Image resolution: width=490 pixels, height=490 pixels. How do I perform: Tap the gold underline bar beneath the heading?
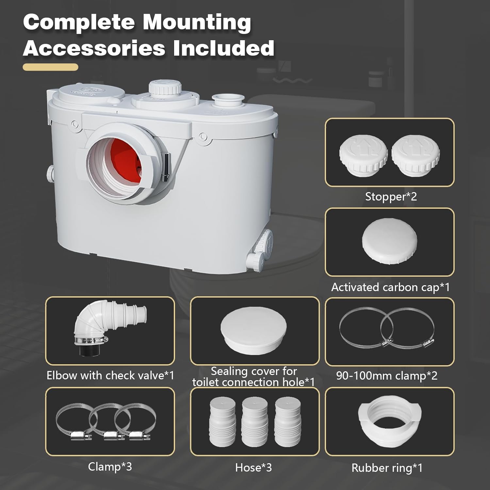[x=51, y=67]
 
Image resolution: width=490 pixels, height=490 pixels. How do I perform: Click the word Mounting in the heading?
[x=197, y=23]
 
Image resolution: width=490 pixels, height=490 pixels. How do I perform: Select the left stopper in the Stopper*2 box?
[x=363, y=155]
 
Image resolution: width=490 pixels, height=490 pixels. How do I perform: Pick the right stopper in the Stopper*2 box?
[x=416, y=155]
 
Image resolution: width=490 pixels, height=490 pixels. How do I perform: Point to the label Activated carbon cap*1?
[x=390, y=287]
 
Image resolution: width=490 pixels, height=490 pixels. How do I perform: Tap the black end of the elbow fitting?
[x=89, y=350]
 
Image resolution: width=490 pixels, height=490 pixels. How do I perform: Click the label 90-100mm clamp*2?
[x=387, y=376]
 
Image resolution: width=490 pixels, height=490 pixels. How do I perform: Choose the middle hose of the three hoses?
[x=254, y=421]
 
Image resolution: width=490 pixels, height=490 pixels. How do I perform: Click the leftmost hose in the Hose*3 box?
[x=222, y=421]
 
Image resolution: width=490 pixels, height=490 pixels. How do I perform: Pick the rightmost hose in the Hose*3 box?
[x=288, y=421]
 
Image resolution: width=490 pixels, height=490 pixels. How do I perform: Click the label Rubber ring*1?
[x=387, y=468]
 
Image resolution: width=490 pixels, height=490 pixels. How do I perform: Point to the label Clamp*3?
[x=110, y=466]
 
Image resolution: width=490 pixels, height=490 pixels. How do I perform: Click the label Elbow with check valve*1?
[x=110, y=375]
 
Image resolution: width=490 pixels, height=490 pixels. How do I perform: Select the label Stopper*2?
[x=391, y=197]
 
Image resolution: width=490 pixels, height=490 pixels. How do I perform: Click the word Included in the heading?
[x=224, y=48]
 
